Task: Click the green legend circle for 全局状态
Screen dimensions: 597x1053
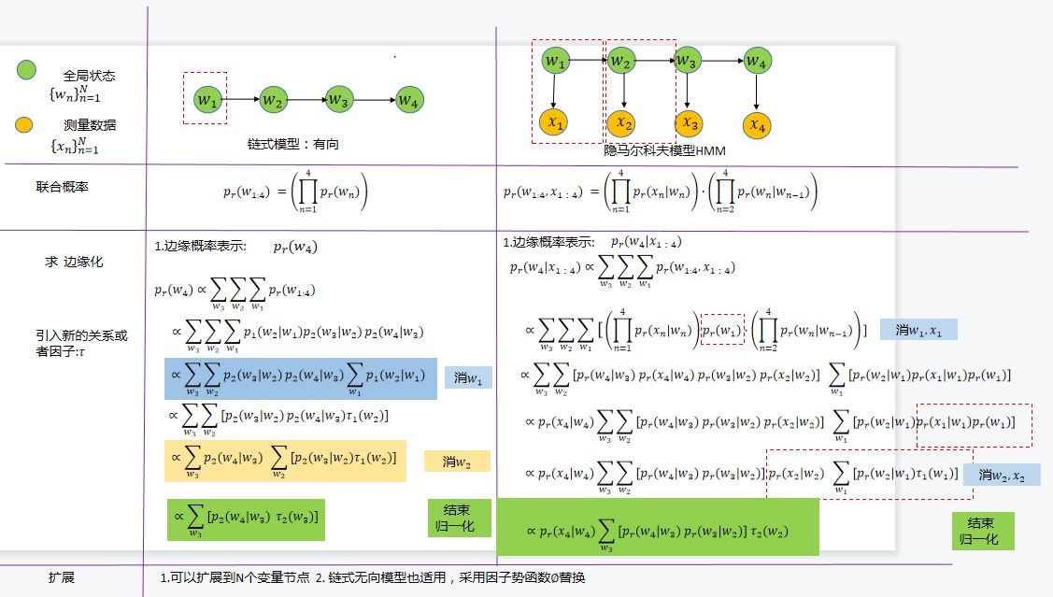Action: [26, 70]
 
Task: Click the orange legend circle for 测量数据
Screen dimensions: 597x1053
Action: [26, 124]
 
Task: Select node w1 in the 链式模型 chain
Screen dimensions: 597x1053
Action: [206, 99]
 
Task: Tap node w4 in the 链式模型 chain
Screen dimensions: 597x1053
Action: [407, 100]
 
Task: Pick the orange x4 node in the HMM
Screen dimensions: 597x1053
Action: [757, 124]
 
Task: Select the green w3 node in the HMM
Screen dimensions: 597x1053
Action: [687, 62]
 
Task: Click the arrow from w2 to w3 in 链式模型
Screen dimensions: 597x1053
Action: [305, 99]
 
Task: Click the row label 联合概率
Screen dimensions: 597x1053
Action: [62, 187]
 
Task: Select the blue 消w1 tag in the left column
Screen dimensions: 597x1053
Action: [467, 377]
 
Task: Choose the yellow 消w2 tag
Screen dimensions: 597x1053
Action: [456, 461]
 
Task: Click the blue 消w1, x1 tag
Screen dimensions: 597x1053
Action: [918, 329]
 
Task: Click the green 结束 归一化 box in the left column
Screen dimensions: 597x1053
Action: [458, 518]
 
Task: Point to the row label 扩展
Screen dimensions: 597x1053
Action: [62, 577]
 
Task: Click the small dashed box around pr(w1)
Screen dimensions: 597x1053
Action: [722, 329]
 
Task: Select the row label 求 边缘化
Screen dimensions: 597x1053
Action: [74, 262]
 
